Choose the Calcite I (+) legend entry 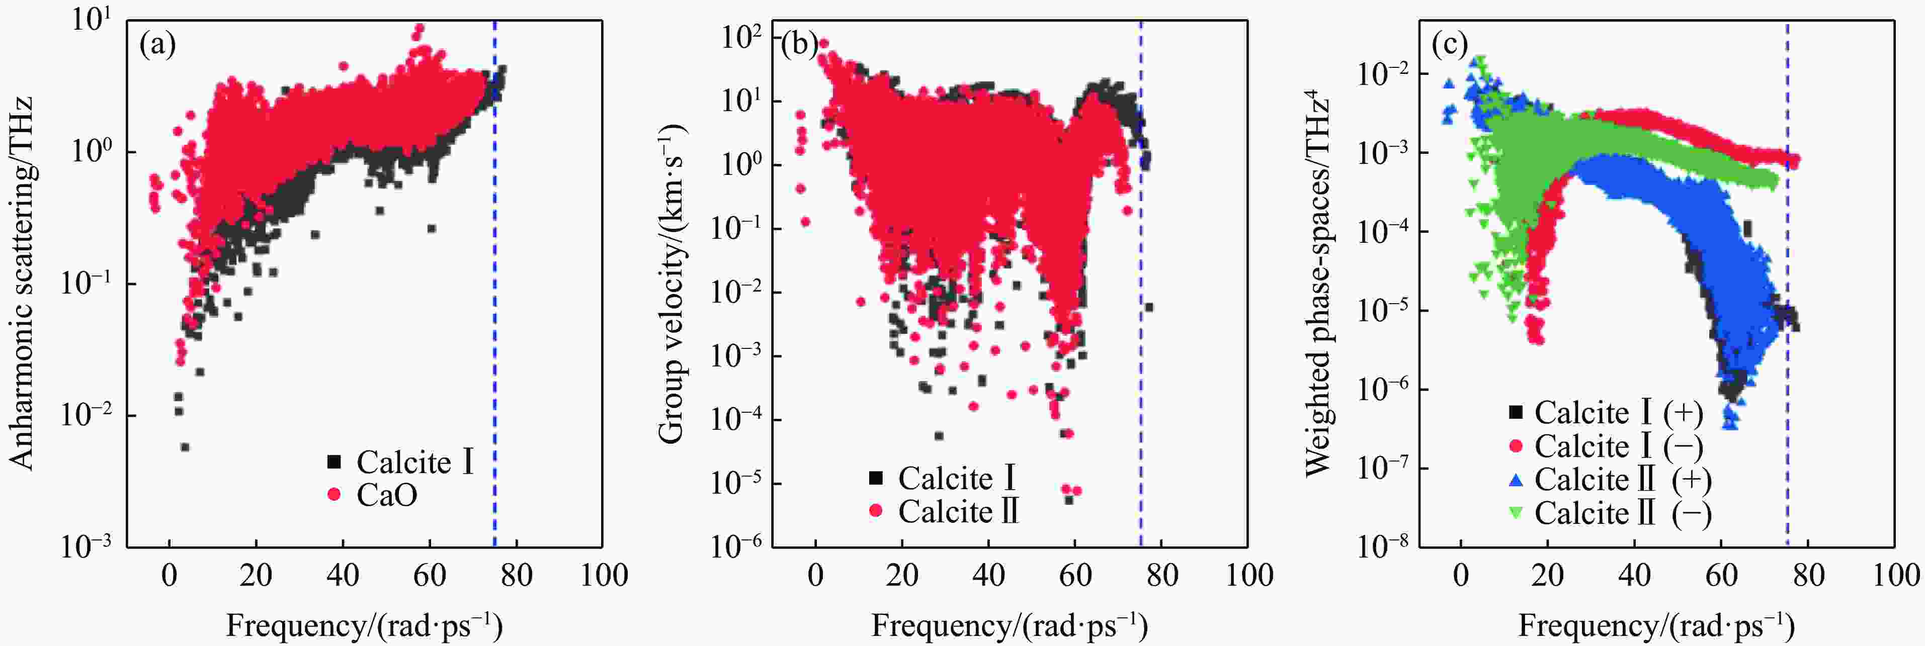tap(1606, 412)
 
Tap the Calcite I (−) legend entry tap(1606, 446)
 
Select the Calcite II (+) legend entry tap(1611, 480)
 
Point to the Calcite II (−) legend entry tap(1611, 513)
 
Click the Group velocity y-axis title tap(672, 284)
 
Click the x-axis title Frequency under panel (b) tap(1009, 624)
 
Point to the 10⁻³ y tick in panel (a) tap(87, 545)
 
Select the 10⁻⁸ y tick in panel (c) tap(1382, 545)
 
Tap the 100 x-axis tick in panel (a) tap(603, 575)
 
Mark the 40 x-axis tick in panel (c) tap(1634, 575)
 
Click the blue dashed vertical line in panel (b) tap(1140, 284)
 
